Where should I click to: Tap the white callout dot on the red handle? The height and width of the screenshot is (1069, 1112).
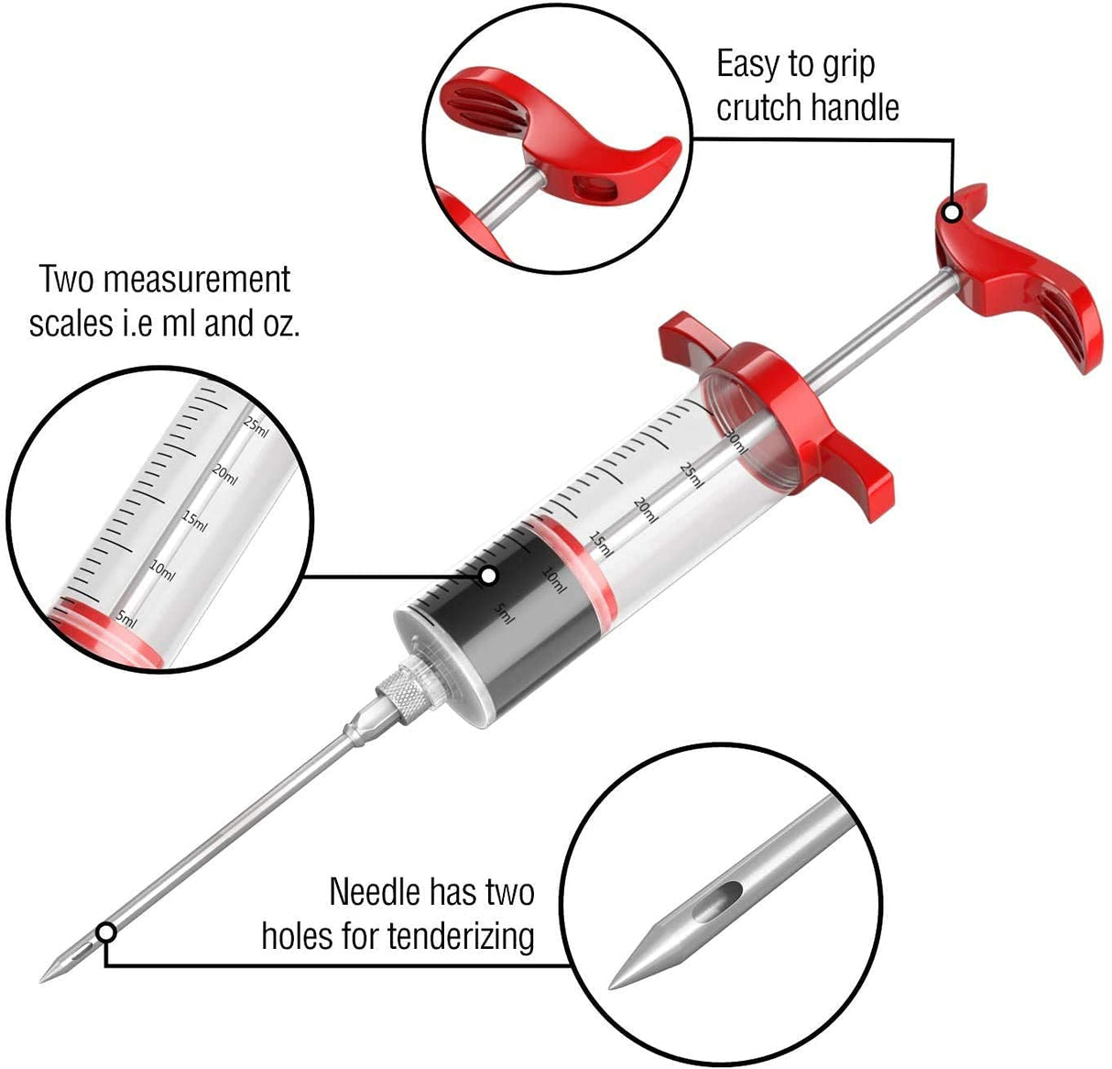tap(953, 213)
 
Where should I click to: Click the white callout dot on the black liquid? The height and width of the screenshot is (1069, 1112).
tap(488, 576)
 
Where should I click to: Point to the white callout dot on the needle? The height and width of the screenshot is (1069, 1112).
tap(106, 932)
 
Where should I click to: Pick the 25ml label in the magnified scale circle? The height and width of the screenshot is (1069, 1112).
tap(256, 425)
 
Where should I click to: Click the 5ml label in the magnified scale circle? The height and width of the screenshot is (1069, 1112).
tap(126, 618)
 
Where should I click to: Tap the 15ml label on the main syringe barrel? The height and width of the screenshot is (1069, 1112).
tap(601, 544)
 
